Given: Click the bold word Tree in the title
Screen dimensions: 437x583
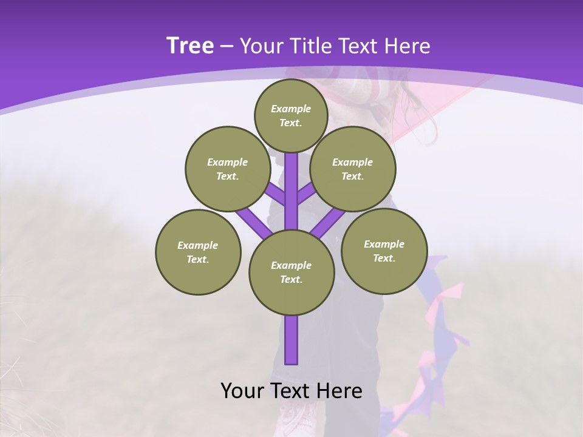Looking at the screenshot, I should coord(190,46).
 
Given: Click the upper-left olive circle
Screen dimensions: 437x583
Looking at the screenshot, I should coord(227,169).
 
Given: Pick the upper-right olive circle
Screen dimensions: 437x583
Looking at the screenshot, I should coord(353,169).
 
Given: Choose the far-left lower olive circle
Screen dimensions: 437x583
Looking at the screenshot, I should coord(198,252).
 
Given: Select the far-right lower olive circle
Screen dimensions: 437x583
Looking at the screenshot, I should coord(384,251).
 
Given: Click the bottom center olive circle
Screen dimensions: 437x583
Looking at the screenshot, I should coord(291,273).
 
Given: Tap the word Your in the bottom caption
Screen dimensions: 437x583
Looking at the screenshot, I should coord(243,391).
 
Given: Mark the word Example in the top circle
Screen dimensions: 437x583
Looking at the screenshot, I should coord(291,109).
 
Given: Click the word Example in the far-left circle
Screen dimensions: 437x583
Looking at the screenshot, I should coord(197,246).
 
